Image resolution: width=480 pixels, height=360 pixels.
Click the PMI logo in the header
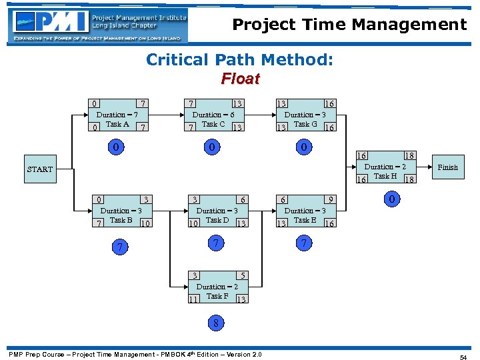[98, 25]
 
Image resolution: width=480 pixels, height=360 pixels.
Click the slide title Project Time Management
[349, 25]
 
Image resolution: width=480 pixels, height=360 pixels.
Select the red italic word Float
[240, 79]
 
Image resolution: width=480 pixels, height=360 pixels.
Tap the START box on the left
[39, 169]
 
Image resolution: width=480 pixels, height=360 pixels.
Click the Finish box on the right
[447, 167]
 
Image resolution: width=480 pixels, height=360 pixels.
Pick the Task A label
[117, 124]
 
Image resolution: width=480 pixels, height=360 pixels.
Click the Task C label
[213, 124]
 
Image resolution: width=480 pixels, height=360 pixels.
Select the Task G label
[305, 124]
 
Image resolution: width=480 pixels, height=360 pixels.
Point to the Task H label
[385, 176]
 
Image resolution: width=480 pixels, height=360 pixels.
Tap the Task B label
[121, 220]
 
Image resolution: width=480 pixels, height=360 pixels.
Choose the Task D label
[217, 220]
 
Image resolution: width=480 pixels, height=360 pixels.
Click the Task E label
[305, 220]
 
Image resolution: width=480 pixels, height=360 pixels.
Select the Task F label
[217, 296]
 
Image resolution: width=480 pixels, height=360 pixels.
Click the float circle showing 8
[216, 323]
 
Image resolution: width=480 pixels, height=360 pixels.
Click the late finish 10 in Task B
[146, 224]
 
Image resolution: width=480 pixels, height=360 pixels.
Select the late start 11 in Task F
[193, 300]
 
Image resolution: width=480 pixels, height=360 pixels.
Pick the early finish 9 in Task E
[329, 199]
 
